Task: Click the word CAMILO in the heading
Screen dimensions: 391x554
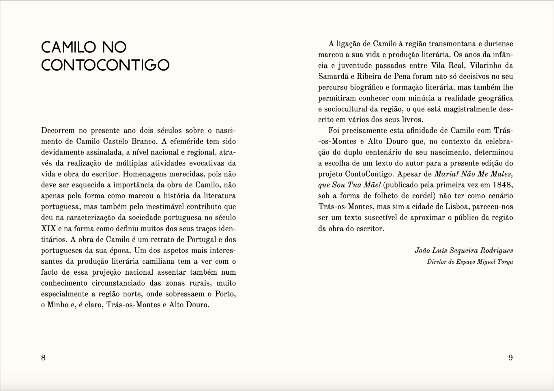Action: coord(68,47)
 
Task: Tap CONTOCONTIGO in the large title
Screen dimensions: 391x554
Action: coord(105,65)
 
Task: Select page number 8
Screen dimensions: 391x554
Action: coord(43,358)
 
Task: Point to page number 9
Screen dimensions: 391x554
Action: coord(510,358)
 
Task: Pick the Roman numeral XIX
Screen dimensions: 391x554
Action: coord(48,229)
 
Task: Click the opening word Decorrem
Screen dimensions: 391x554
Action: coord(58,131)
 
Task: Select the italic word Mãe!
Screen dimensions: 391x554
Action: coord(369,185)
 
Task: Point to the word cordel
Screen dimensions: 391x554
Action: coord(424,196)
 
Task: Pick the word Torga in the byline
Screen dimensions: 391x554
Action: coord(505,262)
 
